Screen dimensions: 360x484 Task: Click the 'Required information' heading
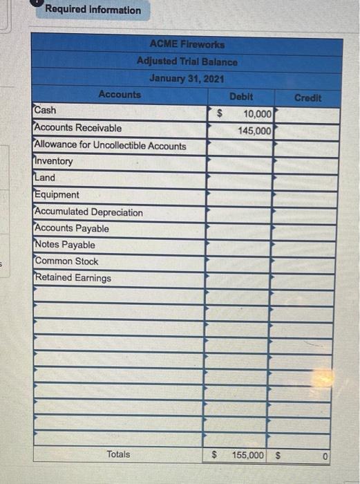(x=93, y=10)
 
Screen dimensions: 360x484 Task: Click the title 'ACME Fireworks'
(x=187, y=44)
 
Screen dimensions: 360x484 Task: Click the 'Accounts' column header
(x=120, y=94)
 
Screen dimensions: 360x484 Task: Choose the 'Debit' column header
(x=240, y=97)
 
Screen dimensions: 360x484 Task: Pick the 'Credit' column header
(x=307, y=97)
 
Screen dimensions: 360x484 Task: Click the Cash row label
(x=46, y=111)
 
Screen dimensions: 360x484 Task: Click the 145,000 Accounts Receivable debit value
(x=255, y=129)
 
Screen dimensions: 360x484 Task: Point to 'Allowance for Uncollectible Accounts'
(x=110, y=145)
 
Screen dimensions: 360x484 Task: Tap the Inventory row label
(x=53, y=161)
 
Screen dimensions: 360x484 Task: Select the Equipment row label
(x=57, y=195)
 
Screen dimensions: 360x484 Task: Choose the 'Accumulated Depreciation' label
(x=88, y=212)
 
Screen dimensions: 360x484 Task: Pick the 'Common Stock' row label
(x=66, y=261)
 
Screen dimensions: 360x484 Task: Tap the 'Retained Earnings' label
(x=73, y=278)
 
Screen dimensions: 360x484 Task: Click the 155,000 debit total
(x=247, y=455)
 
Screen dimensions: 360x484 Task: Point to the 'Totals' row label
(x=118, y=454)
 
